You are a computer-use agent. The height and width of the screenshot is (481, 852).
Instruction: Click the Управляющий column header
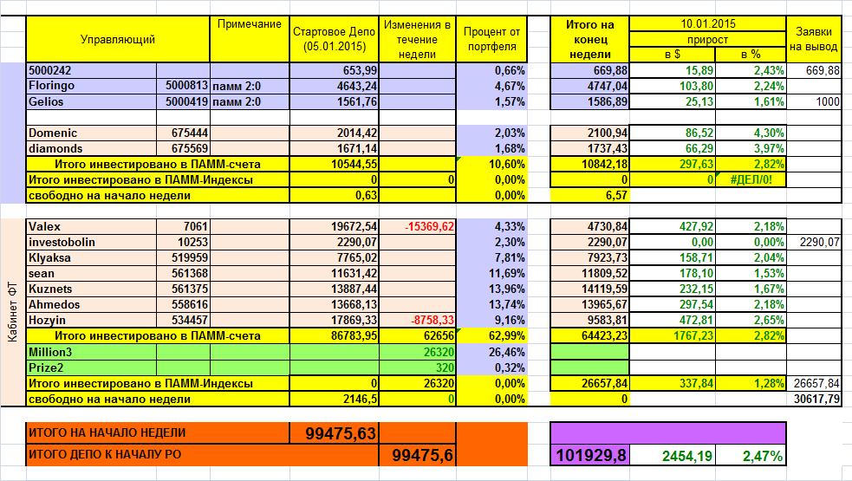(117, 39)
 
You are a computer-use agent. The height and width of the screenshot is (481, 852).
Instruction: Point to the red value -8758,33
(421, 321)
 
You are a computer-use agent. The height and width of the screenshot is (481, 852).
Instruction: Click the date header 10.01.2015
(707, 23)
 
